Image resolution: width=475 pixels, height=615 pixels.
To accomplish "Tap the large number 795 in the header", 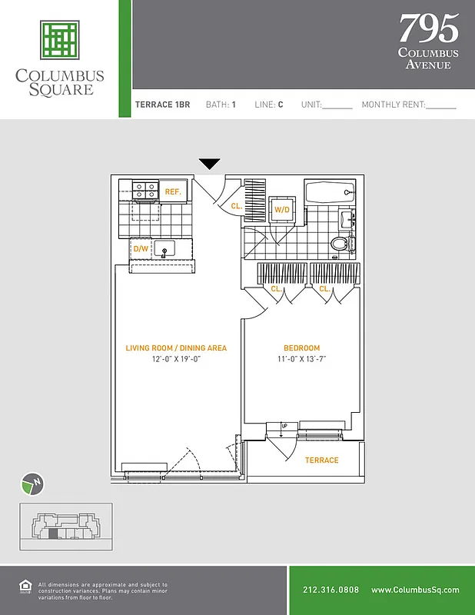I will tap(428, 29).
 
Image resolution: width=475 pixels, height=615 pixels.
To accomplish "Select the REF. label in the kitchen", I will tap(173, 191).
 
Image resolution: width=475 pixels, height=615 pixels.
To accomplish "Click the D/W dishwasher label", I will tap(141, 249).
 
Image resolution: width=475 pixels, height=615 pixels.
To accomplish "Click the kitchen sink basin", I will tap(164, 248).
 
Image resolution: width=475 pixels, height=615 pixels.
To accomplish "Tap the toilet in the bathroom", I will tap(341, 244).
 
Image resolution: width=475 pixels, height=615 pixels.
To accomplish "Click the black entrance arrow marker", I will tap(210, 164).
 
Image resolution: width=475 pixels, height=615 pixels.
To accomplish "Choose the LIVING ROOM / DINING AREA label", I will tap(176, 348).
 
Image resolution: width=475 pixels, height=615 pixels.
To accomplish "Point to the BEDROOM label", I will tap(301, 348).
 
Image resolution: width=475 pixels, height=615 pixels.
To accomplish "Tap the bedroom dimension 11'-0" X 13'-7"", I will tap(301, 359).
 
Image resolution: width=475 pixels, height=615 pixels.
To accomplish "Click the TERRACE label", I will tap(321, 460).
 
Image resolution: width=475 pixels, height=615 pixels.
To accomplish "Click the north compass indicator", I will tap(31, 484).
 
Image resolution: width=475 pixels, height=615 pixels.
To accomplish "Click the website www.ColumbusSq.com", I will tap(414, 590).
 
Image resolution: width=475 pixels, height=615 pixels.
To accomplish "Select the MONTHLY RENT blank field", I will tap(440, 106).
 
